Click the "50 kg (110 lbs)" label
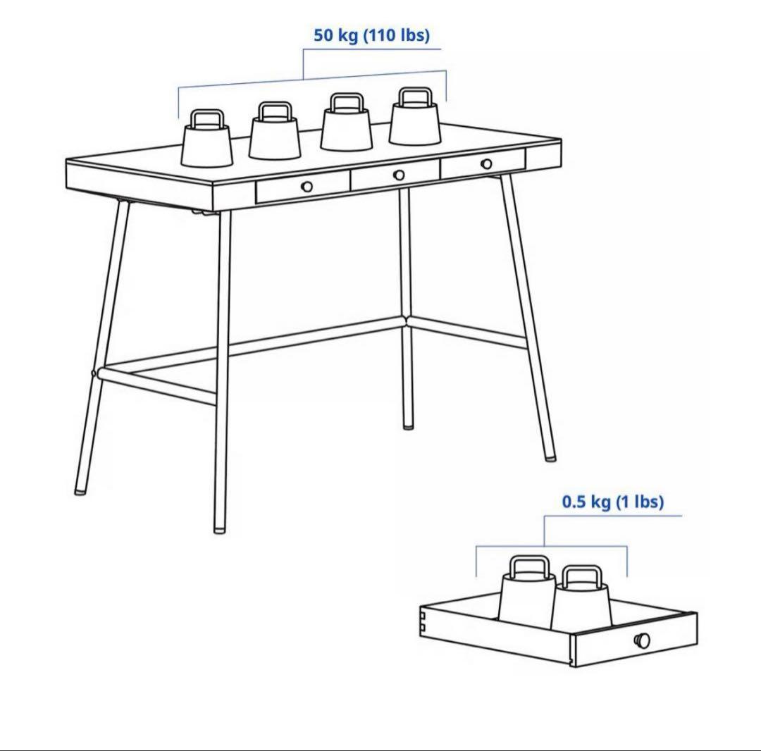371,35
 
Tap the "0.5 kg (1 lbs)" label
612,502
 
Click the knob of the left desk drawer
307,187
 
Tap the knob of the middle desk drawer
399,175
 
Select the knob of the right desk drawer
486,164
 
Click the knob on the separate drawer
643,640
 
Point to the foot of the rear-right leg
408,426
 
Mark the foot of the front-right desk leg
550,457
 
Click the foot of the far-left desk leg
80,490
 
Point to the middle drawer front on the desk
395,178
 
